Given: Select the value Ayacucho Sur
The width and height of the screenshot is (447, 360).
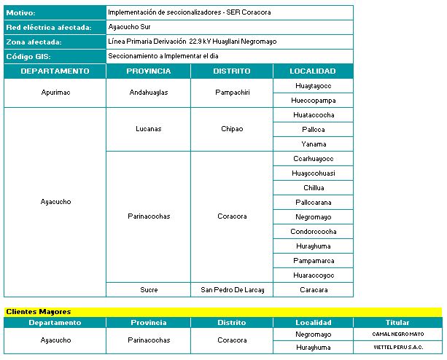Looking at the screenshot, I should tap(131, 27).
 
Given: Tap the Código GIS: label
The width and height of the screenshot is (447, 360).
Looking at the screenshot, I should tap(28, 56).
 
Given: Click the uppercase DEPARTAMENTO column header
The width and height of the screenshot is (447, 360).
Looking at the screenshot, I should tap(55, 71).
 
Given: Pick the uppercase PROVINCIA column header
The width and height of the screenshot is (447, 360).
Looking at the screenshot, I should tap(148, 71).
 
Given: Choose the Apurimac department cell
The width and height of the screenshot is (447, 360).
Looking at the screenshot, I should tap(55, 93).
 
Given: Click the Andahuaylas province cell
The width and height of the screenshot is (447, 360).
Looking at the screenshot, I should tap(148, 93).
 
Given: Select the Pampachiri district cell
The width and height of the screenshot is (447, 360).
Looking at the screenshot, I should tap(232, 93).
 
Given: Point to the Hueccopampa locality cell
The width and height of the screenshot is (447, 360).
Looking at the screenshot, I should tap(313, 101).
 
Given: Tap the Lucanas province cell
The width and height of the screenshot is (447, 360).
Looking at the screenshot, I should tap(148, 129).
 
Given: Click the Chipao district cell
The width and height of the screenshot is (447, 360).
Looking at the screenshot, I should tap(232, 129).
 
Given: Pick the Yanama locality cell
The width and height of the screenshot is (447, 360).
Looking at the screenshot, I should tap(313, 144).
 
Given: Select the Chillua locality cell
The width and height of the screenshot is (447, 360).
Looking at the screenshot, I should tap(313, 187).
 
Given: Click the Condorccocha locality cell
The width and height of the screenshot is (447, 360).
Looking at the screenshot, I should tap(313, 231).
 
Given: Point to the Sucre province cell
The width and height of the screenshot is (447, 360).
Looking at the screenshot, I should tap(148, 289).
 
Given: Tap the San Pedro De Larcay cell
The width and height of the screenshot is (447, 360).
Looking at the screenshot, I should tap(232, 289).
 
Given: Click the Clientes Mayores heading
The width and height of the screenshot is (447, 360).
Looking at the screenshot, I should tap(39, 312).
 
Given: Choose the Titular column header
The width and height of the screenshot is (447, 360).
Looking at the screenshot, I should tap(397, 322).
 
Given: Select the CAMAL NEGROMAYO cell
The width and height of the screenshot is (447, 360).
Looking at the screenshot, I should tap(397, 334).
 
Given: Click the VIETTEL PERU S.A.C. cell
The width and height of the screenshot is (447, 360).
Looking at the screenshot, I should tap(397, 348).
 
